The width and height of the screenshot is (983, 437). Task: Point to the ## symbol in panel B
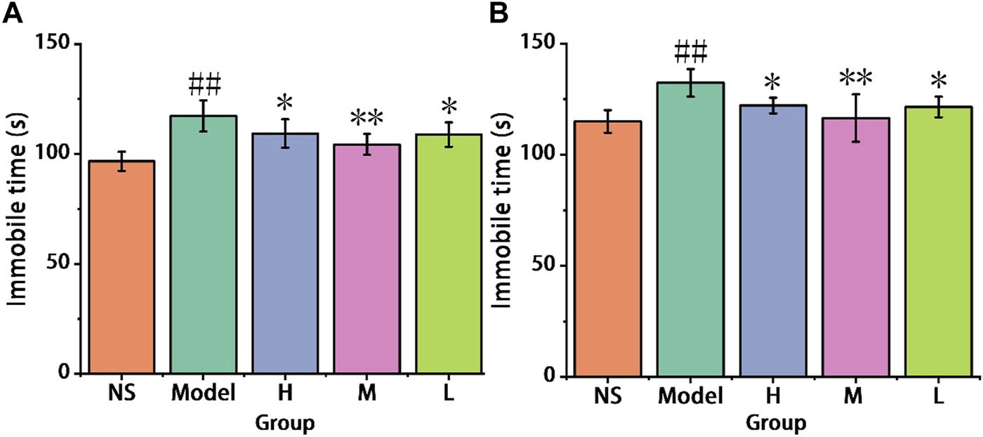[690, 51]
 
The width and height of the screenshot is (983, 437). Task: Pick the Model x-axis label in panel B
[691, 397]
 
